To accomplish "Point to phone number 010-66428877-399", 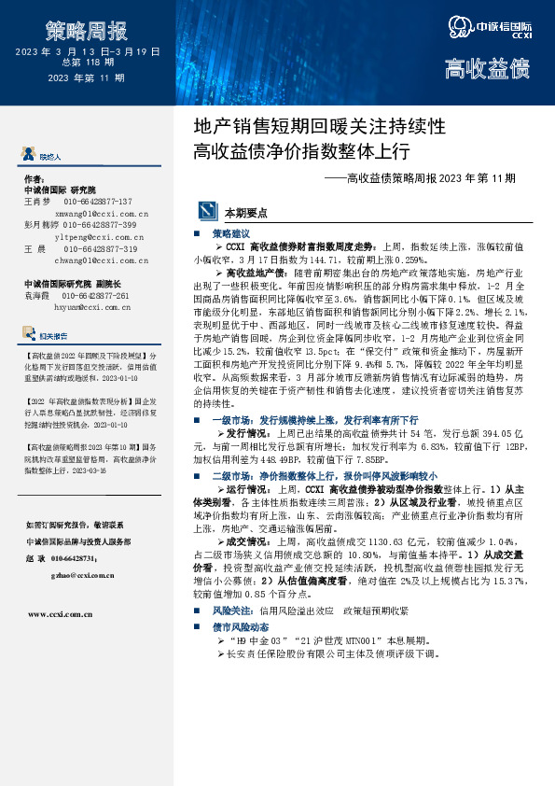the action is (100, 225).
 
